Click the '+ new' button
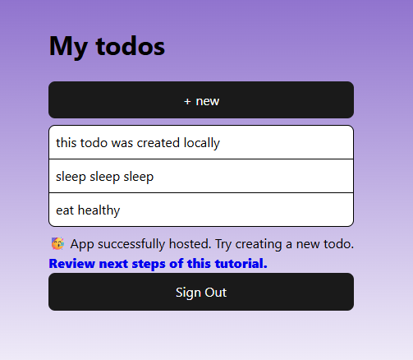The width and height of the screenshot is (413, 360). coord(201,99)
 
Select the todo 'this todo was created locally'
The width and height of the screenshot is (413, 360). coord(201,142)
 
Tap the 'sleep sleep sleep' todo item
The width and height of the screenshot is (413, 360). coord(201,176)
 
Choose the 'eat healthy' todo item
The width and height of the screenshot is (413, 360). coord(201,210)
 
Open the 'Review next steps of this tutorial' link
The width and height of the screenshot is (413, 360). coord(158,264)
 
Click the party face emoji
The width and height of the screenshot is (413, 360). coord(57,243)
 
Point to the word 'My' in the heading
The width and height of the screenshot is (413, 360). coord(68,47)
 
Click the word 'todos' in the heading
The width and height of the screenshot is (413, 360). coord(131,46)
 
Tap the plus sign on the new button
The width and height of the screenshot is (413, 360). coord(187,102)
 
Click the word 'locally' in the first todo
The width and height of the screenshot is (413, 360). coord(202,143)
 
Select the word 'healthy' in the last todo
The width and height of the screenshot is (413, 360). coord(99,210)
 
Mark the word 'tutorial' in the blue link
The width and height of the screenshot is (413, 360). coord(241,264)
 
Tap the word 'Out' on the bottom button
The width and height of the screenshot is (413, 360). coord(216,292)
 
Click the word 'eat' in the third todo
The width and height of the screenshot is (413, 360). coord(65,210)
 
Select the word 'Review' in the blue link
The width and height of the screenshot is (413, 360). coord(72,264)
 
